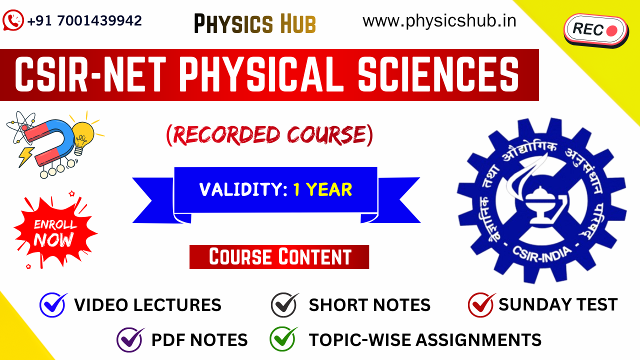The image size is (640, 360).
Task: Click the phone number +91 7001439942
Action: [x=84, y=21]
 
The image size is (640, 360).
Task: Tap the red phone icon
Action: [x=13, y=21]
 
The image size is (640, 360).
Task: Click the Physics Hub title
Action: [x=255, y=23]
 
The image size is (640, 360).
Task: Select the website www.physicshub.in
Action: [x=439, y=21]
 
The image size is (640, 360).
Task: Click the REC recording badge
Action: [x=595, y=30]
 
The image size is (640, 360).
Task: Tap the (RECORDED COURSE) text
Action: [x=269, y=135]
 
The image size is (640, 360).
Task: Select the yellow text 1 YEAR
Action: [x=322, y=189]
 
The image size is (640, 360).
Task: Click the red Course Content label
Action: [x=279, y=257]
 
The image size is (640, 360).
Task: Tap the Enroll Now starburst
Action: [x=55, y=232]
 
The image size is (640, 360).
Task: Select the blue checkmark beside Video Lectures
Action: [x=53, y=304]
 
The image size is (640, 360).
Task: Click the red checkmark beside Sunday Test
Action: [x=481, y=304]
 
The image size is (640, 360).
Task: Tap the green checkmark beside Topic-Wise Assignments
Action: [x=283, y=339]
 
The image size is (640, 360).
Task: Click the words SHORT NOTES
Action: [x=369, y=305]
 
